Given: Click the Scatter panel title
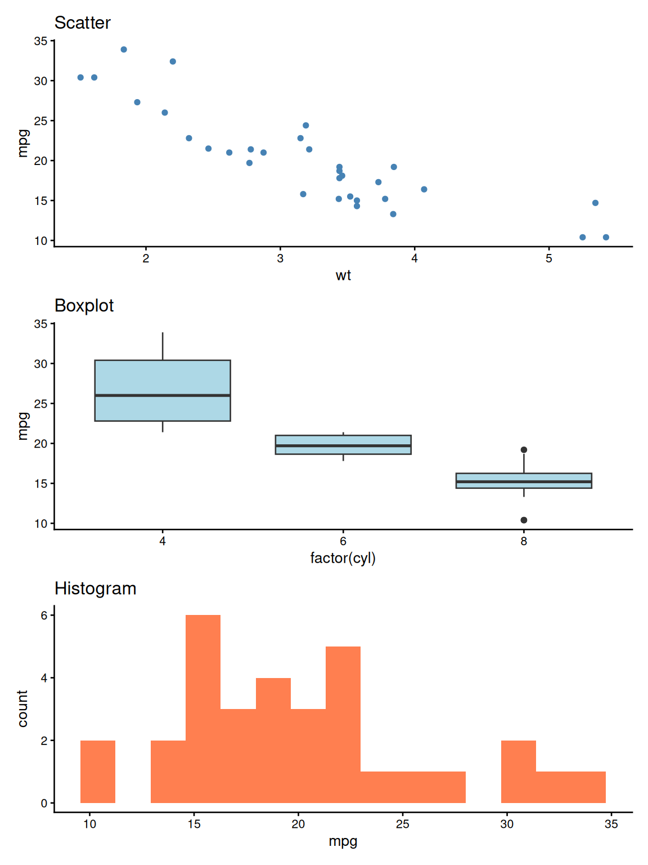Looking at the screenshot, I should [82, 23].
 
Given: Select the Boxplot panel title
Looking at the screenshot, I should [84, 306].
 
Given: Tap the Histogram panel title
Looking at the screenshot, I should [95, 588].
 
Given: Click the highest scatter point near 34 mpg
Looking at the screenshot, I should [124, 50].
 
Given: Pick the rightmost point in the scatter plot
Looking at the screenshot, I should [606, 238].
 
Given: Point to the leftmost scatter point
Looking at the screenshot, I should [80, 78].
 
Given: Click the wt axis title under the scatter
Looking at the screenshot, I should [343, 275].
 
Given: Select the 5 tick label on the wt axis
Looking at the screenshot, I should [549, 259].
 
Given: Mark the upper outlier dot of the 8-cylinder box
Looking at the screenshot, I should [524, 450].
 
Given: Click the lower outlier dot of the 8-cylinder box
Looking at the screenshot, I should [524, 520].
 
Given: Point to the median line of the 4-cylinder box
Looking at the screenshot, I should [163, 396].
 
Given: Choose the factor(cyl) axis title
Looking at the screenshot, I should [343, 558].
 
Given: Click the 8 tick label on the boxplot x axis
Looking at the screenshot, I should [524, 542].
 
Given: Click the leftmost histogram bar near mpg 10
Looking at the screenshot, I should [98, 772].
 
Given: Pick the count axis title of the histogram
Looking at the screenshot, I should [22, 708].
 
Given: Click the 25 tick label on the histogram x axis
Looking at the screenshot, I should [403, 824].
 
